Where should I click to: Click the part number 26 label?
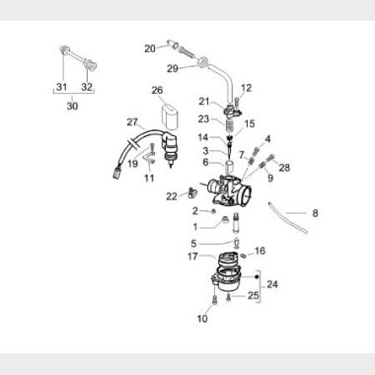157,90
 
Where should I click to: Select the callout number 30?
72,106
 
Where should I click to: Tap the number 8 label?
315,213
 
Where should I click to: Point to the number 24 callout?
272,284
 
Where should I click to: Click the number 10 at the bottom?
202,319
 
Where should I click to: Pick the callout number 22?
172,196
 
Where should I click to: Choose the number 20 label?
150,48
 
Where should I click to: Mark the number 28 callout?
284,168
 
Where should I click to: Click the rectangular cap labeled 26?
169,116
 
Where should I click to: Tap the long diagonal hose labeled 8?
288,218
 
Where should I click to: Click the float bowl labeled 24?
227,281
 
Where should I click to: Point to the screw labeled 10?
215,300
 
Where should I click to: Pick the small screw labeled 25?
228,298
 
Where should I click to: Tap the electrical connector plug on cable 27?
117,173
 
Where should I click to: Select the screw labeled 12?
236,99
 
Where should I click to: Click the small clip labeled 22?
192,192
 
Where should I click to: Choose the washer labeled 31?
62,49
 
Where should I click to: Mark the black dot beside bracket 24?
257,277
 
